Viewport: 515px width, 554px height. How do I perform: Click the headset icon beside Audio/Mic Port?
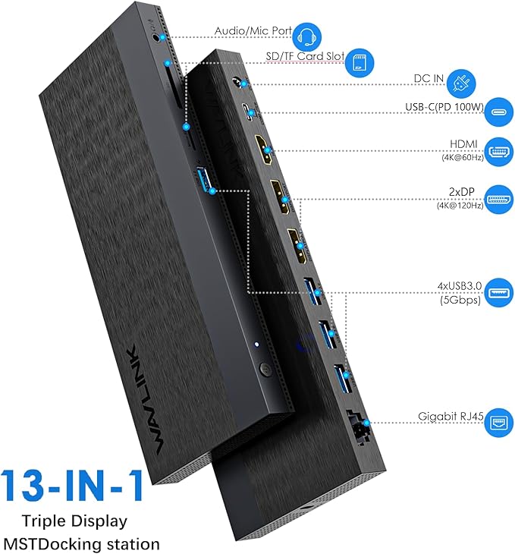(x=306, y=35)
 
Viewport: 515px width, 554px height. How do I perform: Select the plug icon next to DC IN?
(x=458, y=81)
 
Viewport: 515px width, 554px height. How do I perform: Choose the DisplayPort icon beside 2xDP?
(x=497, y=198)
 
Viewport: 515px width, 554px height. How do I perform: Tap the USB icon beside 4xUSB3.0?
(x=496, y=294)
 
